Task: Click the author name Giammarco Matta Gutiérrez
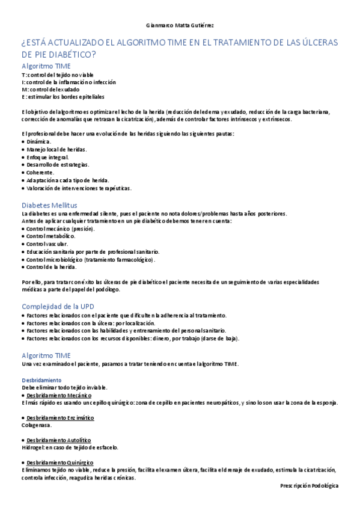pyautogui.click(x=180, y=26)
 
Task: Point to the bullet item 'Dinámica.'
pyautogui.click(x=39, y=141)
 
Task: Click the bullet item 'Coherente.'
pyautogui.click(x=40, y=172)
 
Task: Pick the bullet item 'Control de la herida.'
pyautogui.click(x=52, y=267)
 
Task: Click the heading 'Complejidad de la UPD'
pyautogui.click(x=58, y=306)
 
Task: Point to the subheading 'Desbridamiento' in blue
pyautogui.click(x=41, y=380)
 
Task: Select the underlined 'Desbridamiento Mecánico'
pyautogui.click(x=59, y=395)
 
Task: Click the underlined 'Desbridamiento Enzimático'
pyautogui.click(x=60, y=417)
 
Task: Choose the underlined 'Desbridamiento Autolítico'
pyautogui.click(x=59, y=440)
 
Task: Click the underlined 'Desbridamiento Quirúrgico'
pyautogui.click(x=59, y=462)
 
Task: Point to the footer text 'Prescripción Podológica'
pyautogui.click(x=309, y=485)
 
